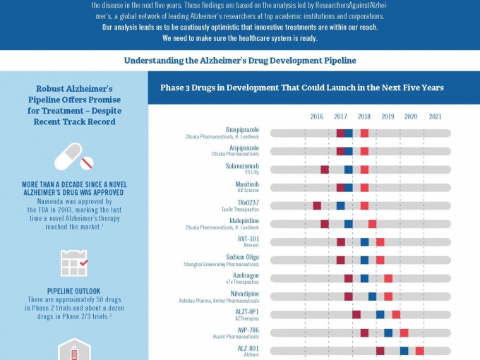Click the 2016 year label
click(x=317, y=116)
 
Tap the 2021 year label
click(x=436, y=116)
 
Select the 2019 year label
click(x=388, y=116)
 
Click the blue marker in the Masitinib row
click(x=349, y=188)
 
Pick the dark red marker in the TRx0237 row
click(x=317, y=206)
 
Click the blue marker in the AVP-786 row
click(x=388, y=332)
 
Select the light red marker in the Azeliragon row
click(x=388, y=278)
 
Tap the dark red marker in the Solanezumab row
click(x=325, y=169)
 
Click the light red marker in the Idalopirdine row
click(x=372, y=224)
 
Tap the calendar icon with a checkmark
click(x=74, y=263)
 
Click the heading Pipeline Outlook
click(x=74, y=291)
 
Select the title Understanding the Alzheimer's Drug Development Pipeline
click(x=240, y=61)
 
